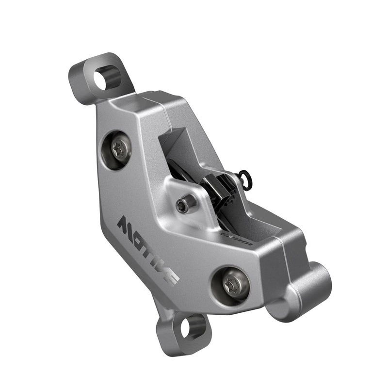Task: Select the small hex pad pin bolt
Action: [x=182, y=204]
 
